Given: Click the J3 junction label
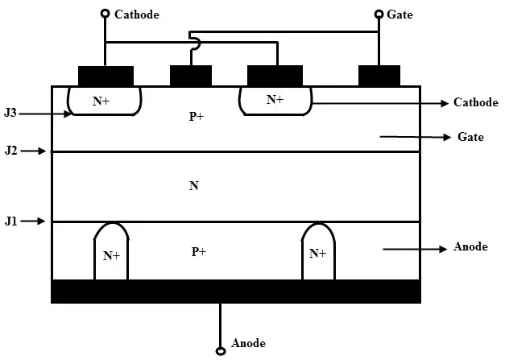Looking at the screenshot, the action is tap(10, 113).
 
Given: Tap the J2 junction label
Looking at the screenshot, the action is tap(11, 151).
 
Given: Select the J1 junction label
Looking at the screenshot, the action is tap(11, 221).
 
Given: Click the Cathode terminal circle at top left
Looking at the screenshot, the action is tap(105, 14).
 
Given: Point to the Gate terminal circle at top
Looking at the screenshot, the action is tap(379, 14).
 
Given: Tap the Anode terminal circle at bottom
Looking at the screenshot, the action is tap(221, 350).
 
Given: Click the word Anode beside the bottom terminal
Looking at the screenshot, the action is tap(248, 343).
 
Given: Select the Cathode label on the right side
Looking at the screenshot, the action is tap(476, 102).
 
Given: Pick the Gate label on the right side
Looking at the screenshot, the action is tap(470, 137).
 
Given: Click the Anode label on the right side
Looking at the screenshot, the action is tap(470, 246).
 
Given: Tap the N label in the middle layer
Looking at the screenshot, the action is tap(194, 186).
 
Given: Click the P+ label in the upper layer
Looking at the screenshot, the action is tap(197, 116).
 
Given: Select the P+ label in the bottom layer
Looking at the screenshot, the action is tap(199, 251).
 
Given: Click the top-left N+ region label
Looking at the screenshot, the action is tap(101, 101).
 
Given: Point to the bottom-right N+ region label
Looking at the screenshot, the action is tap(317, 254).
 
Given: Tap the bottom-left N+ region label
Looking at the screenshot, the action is tap(111, 256).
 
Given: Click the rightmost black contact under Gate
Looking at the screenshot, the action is tap(379, 76).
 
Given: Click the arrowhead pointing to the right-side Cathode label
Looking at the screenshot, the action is tap(445, 103).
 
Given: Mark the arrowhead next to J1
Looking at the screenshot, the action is tap(41, 221).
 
